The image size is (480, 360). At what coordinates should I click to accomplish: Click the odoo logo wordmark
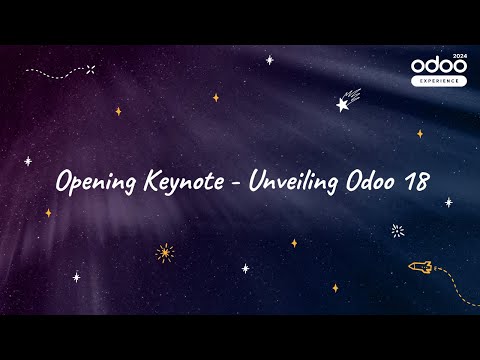click(x=438, y=66)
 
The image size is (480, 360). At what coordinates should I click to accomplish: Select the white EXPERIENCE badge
click(x=438, y=81)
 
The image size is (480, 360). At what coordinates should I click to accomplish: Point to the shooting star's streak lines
click(x=356, y=93)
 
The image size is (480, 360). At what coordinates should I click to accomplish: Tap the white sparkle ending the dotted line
click(x=91, y=69)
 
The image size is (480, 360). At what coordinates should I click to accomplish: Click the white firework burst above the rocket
click(x=397, y=231)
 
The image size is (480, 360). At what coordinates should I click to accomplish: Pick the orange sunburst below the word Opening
click(x=165, y=252)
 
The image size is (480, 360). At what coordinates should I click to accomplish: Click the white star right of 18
click(x=448, y=202)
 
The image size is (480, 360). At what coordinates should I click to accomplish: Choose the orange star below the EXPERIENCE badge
click(x=420, y=133)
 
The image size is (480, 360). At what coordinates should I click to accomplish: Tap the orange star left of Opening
click(x=48, y=212)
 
